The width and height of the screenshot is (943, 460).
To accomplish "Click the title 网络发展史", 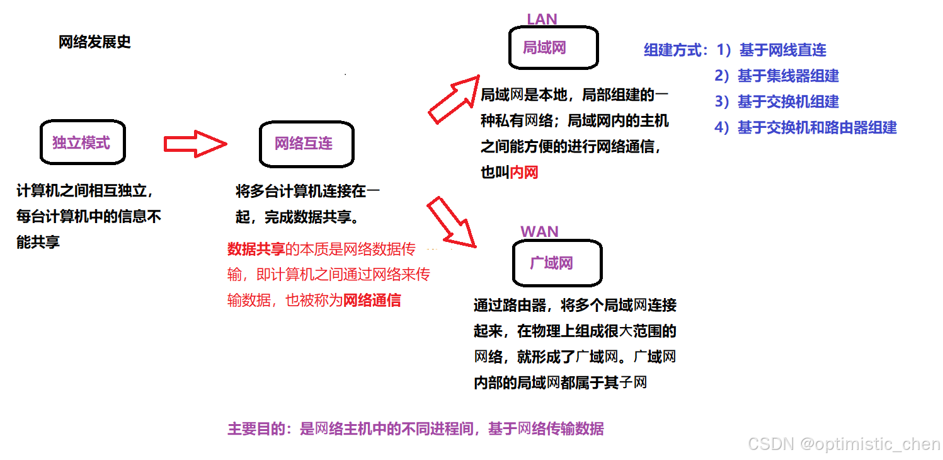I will coord(94,42).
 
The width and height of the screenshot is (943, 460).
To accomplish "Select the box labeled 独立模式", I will coord(81,142).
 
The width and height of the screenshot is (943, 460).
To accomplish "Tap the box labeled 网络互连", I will coord(306,144).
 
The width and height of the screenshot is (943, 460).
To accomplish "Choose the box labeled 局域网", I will coord(553,48).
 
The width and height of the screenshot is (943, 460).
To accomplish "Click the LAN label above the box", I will coord(542,20).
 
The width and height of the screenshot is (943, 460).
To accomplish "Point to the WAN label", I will coord(539,232).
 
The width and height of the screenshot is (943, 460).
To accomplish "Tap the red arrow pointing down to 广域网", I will coord(451,222).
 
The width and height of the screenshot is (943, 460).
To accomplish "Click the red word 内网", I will coord(524,172).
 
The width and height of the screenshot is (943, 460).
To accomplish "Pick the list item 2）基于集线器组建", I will coord(777,76).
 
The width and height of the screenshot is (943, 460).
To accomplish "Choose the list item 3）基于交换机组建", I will coord(777,102).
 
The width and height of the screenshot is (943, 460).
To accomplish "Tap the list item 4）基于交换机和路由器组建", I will coord(805,128).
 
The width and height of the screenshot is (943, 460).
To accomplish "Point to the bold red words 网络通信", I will coord(372,301).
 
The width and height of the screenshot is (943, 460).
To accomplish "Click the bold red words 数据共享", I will coord(256,249).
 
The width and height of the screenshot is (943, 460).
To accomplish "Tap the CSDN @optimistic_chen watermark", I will coord(843,444).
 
